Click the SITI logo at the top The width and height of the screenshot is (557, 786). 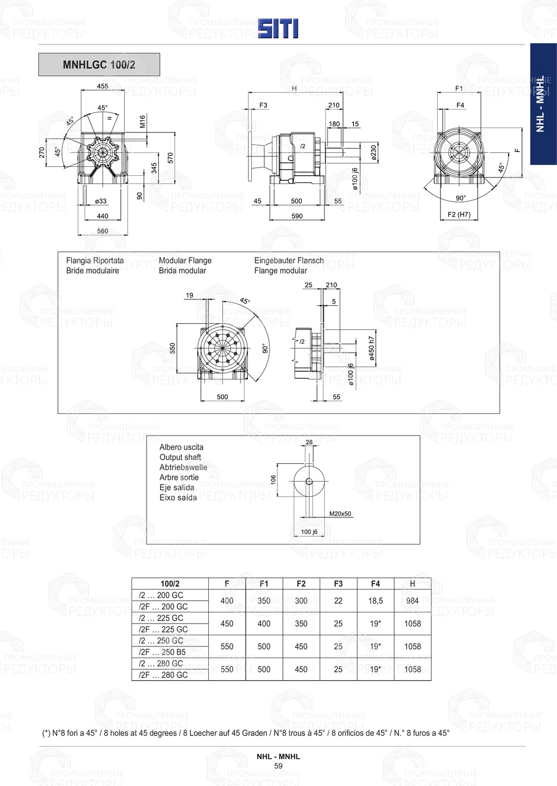click(278, 28)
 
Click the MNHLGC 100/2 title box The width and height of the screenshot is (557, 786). click(99, 65)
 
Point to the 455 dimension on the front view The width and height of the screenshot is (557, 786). click(102, 86)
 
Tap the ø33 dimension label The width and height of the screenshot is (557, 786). click(101, 201)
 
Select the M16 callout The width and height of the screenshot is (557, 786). click(143, 122)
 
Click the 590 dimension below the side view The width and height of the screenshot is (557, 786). click(297, 216)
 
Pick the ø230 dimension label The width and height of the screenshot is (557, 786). click(373, 153)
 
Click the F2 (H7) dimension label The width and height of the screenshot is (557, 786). click(459, 214)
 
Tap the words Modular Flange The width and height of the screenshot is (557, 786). click(185, 260)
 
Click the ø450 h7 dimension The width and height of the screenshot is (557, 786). click(372, 348)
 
